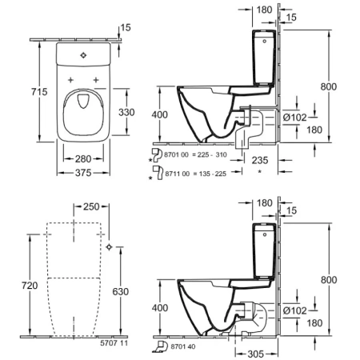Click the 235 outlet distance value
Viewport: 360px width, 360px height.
pos(260,160)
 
